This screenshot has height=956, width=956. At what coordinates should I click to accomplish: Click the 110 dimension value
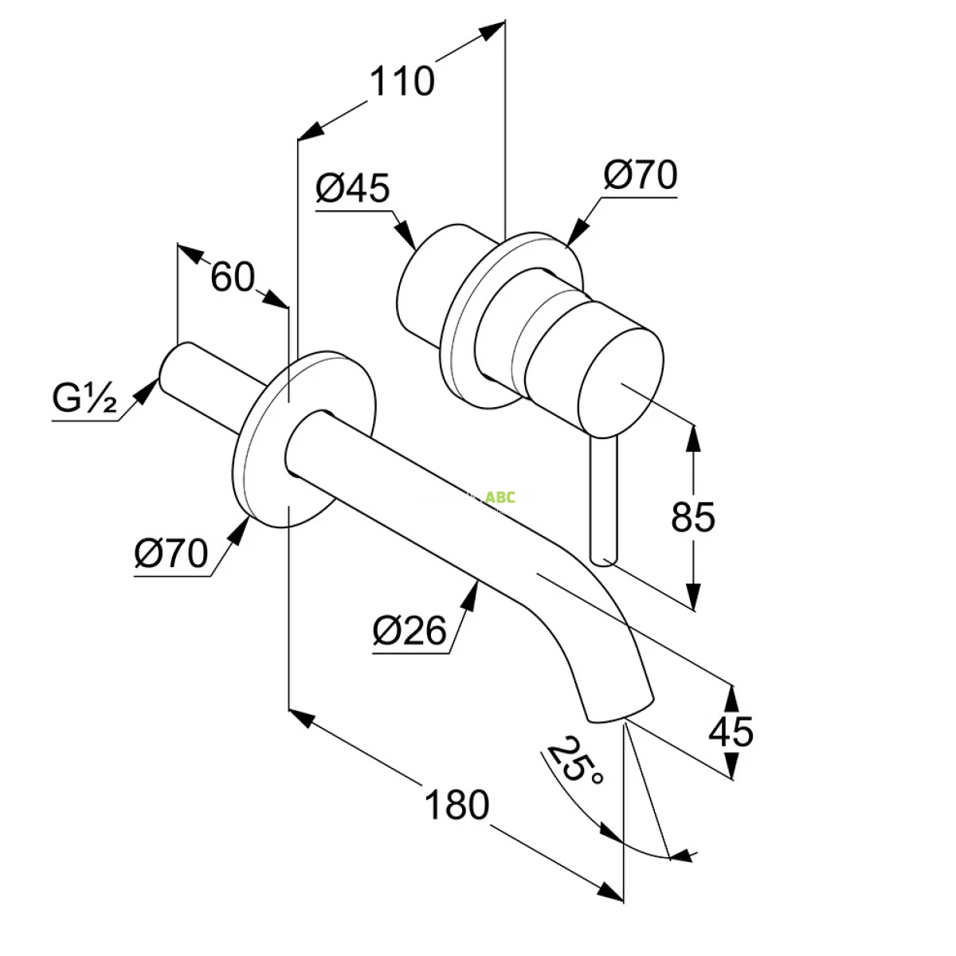tap(403, 81)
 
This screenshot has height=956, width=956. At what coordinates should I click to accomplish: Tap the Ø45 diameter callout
tap(352, 189)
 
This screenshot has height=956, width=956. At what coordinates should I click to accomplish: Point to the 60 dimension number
tap(232, 277)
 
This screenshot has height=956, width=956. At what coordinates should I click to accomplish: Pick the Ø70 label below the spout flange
tap(170, 553)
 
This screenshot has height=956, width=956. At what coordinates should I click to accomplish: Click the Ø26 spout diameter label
tap(409, 631)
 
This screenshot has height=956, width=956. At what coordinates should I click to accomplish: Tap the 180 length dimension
tap(456, 805)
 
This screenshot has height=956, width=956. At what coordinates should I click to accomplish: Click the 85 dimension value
tap(693, 518)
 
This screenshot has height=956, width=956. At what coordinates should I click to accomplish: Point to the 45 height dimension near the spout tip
tap(731, 731)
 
